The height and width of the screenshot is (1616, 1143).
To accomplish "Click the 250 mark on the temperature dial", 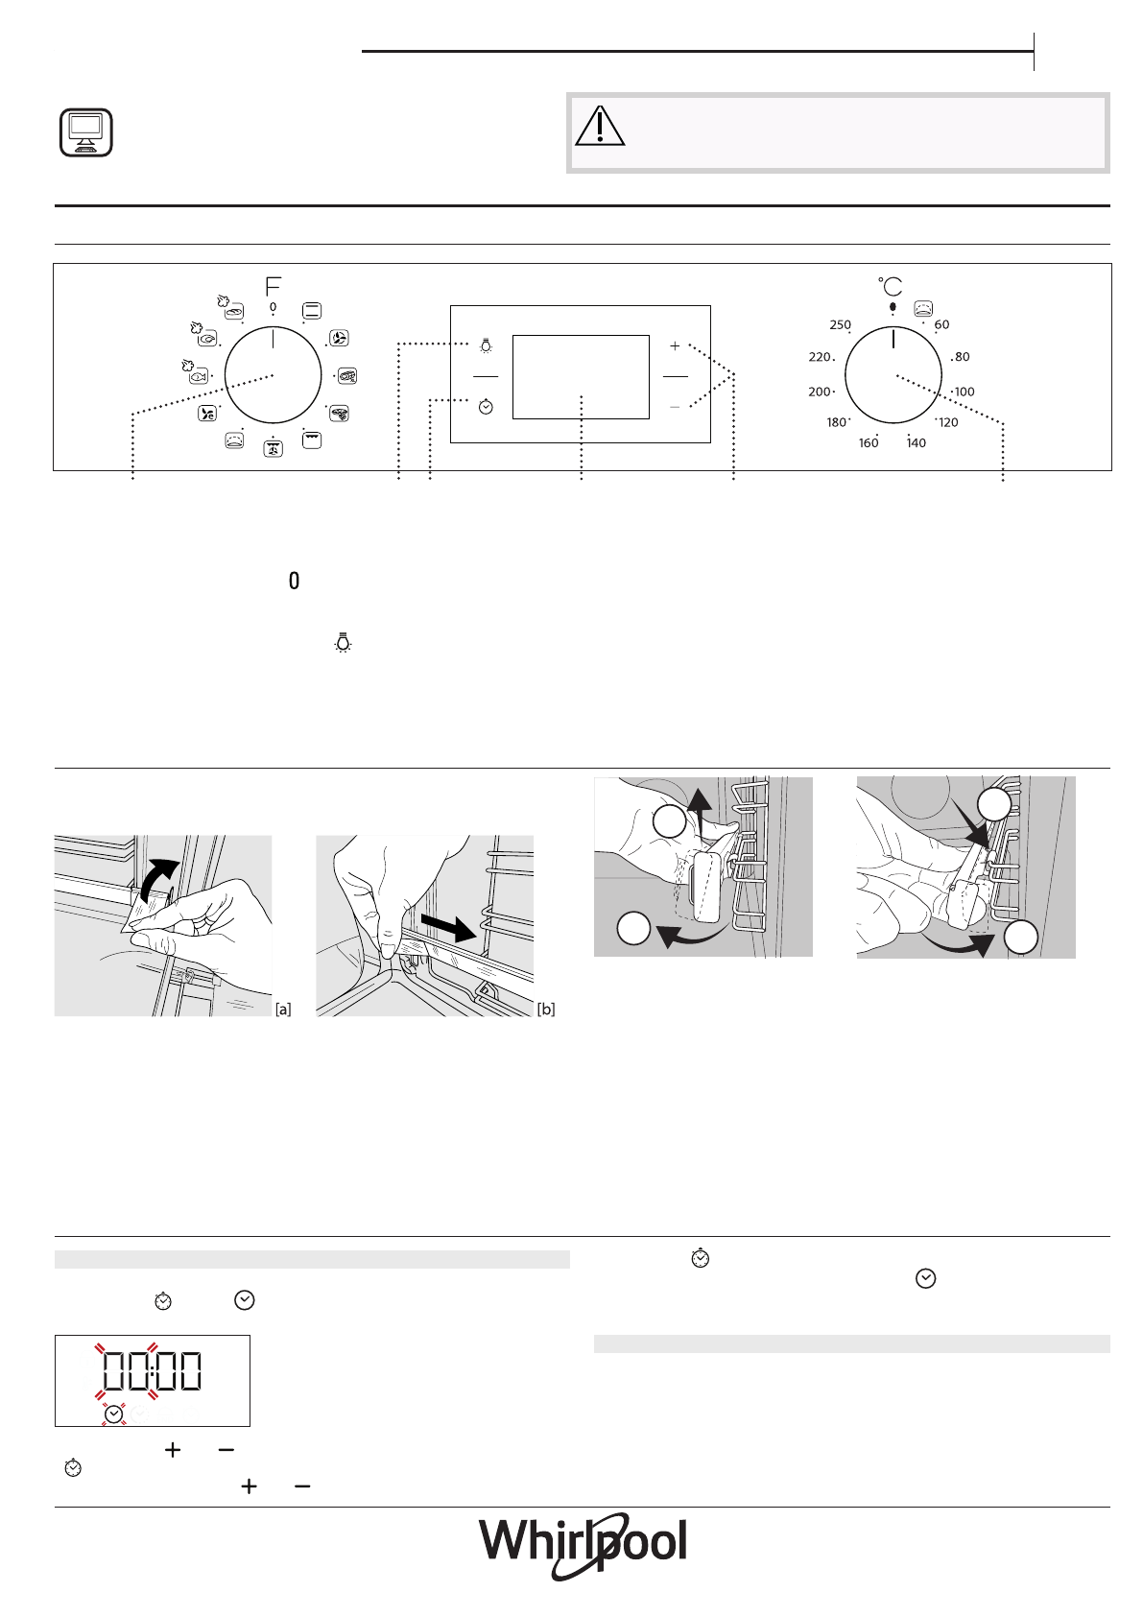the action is [x=840, y=324].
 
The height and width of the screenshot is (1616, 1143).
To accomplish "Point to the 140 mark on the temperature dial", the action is [x=917, y=442].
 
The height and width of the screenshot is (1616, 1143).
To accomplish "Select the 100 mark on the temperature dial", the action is [x=964, y=392].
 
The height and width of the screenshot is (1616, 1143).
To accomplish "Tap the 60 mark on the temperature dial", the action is [x=941, y=324].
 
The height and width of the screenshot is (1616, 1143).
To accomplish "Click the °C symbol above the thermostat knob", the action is [x=891, y=286].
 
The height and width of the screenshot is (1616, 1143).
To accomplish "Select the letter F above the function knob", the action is [x=274, y=286].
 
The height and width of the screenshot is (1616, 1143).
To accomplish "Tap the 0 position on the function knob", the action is [x=273, y=308].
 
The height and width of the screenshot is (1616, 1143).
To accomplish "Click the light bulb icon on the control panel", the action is [x=486, y=345].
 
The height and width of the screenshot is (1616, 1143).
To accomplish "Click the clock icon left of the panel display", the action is [x=486, y=407].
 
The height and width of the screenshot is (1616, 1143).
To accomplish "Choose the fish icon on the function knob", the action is [x=198, y=376].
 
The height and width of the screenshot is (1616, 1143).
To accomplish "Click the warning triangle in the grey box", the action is [x=600, y=126].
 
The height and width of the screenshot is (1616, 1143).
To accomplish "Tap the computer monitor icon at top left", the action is [x=85, y=132].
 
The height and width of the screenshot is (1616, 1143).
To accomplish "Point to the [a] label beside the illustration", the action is [x=283, y=1009].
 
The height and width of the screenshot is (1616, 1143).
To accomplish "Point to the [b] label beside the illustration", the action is [x=546, y=1009].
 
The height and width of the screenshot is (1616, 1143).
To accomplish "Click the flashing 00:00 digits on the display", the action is [x=152, y=1370].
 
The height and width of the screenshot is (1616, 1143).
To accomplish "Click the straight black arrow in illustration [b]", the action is [x=447, y=927].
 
